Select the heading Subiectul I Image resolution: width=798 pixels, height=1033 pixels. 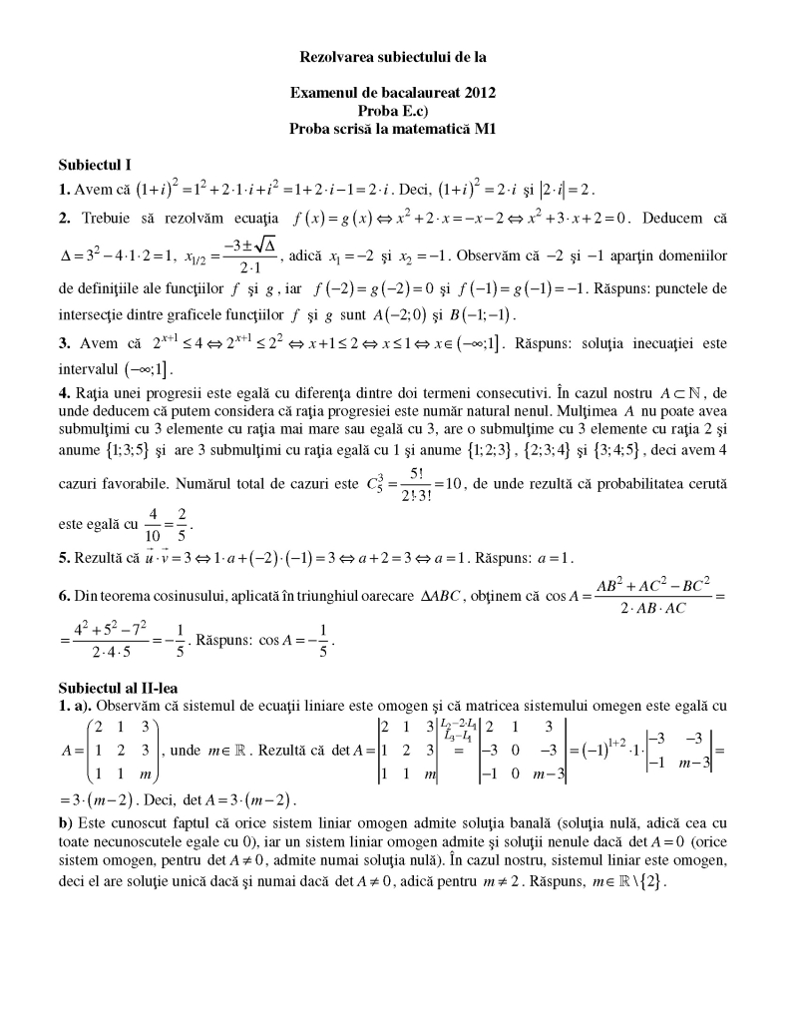pos(95,163)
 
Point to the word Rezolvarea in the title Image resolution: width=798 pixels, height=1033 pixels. pos(337,57)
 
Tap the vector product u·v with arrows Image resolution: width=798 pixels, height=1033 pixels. pos(156,557)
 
